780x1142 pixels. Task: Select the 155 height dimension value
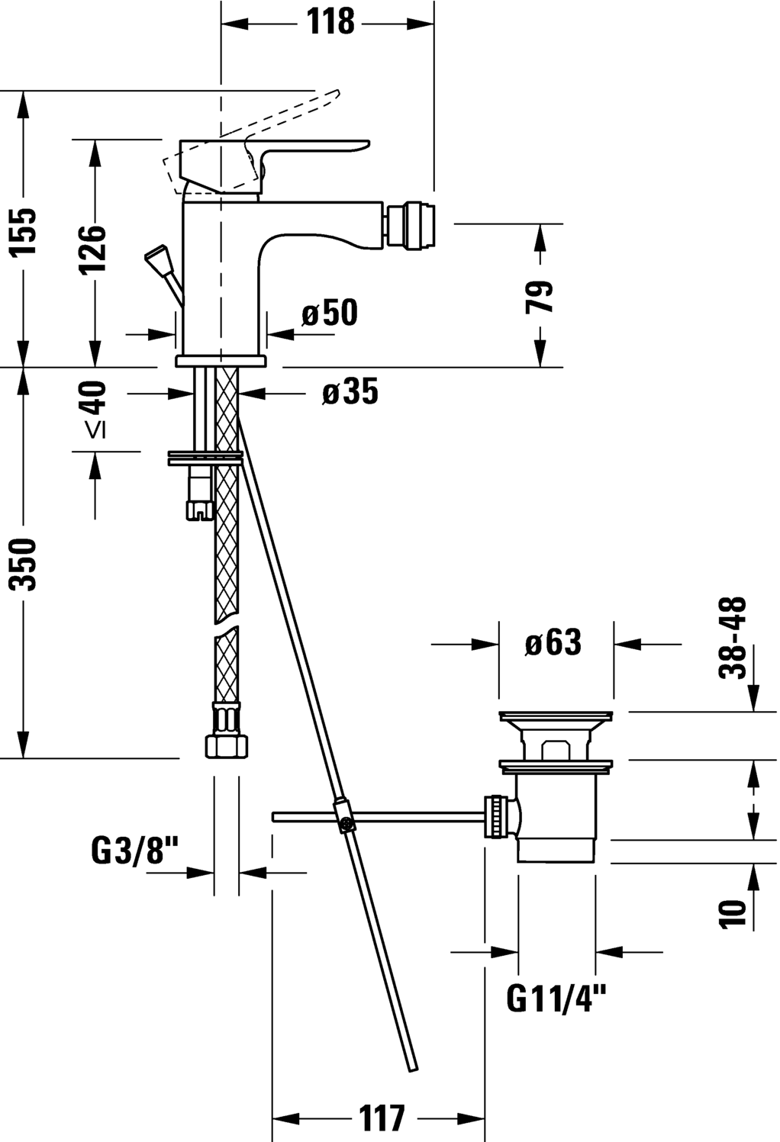click(24, 231)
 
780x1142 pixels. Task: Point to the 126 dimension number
click(94, 249)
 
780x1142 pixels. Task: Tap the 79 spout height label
click(540, 297)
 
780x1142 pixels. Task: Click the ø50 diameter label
click(330, 313)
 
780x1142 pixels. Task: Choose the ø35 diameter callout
click(350, 392)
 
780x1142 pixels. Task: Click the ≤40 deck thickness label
click(94, 409)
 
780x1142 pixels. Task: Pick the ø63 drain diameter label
click(553, 643)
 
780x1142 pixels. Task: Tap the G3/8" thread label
click(134, 851)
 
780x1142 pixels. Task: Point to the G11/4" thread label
click(556, 998)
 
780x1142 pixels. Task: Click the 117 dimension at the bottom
click(382, 1118)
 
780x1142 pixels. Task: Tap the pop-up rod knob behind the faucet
click(160, 258)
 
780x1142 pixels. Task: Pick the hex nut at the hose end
click(227, 745)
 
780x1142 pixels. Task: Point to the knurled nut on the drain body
click(496, 816)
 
